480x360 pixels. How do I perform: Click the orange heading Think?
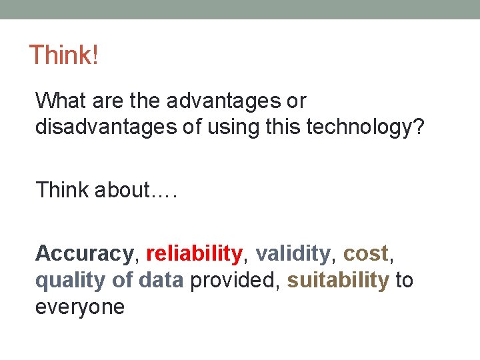point(63,55)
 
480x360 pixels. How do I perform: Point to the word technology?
point(364,126)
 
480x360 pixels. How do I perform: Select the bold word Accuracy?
point(84,253)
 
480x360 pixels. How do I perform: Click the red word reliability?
point(193,253)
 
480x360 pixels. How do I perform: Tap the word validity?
point(293,253)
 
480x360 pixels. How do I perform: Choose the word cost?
point(365,253)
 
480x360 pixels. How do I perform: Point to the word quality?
point(70,281)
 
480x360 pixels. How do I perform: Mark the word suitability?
point(338,281)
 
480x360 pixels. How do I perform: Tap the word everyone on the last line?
point(79,307)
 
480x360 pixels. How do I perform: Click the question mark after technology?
point(418,126)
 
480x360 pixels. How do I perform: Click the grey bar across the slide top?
point(240,9)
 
